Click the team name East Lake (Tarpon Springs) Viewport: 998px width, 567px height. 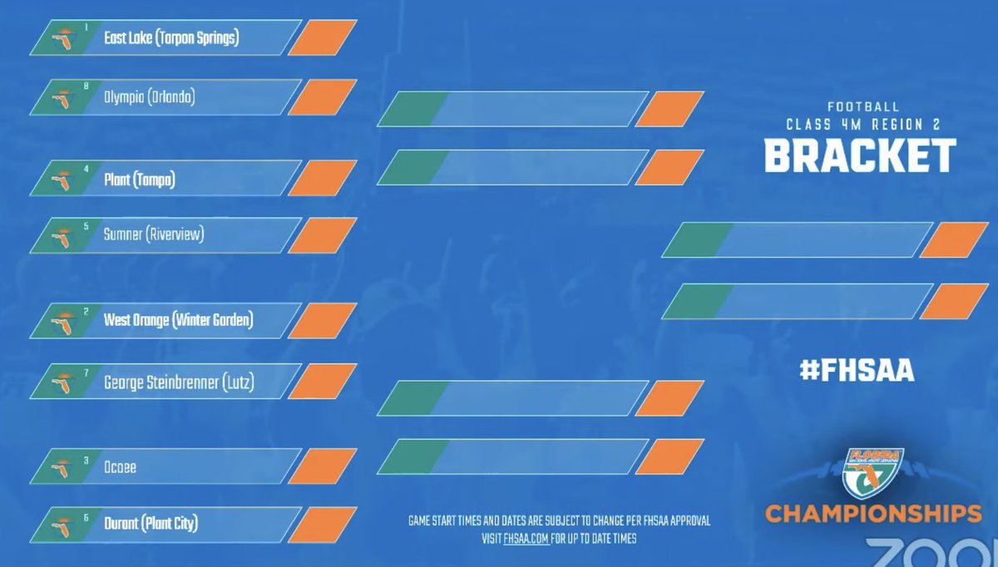tap(171, 38)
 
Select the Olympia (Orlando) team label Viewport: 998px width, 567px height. tap(149, 97)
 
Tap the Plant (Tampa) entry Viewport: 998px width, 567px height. tap(140, 179)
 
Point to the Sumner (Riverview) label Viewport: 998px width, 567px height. tap(154, 235)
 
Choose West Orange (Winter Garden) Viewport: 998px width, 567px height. tap(178, 320)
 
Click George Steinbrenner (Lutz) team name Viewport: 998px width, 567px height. tap(179, 382)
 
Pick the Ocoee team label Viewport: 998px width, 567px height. tap(121, 467)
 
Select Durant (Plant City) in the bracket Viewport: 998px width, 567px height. tap(151, 524)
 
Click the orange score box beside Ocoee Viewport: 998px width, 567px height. tap(322, 466)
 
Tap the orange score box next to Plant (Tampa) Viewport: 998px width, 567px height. tap(322, 179)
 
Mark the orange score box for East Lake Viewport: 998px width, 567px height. tap(322, 38)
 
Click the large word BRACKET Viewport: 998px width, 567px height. tap(860, 155)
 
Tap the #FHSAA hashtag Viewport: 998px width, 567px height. tap(857, 371)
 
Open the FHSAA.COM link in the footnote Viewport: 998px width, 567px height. tap(526, 538)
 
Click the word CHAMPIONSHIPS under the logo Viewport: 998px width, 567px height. tap(873, 513)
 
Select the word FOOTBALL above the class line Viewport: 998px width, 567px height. tap(862, 107)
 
